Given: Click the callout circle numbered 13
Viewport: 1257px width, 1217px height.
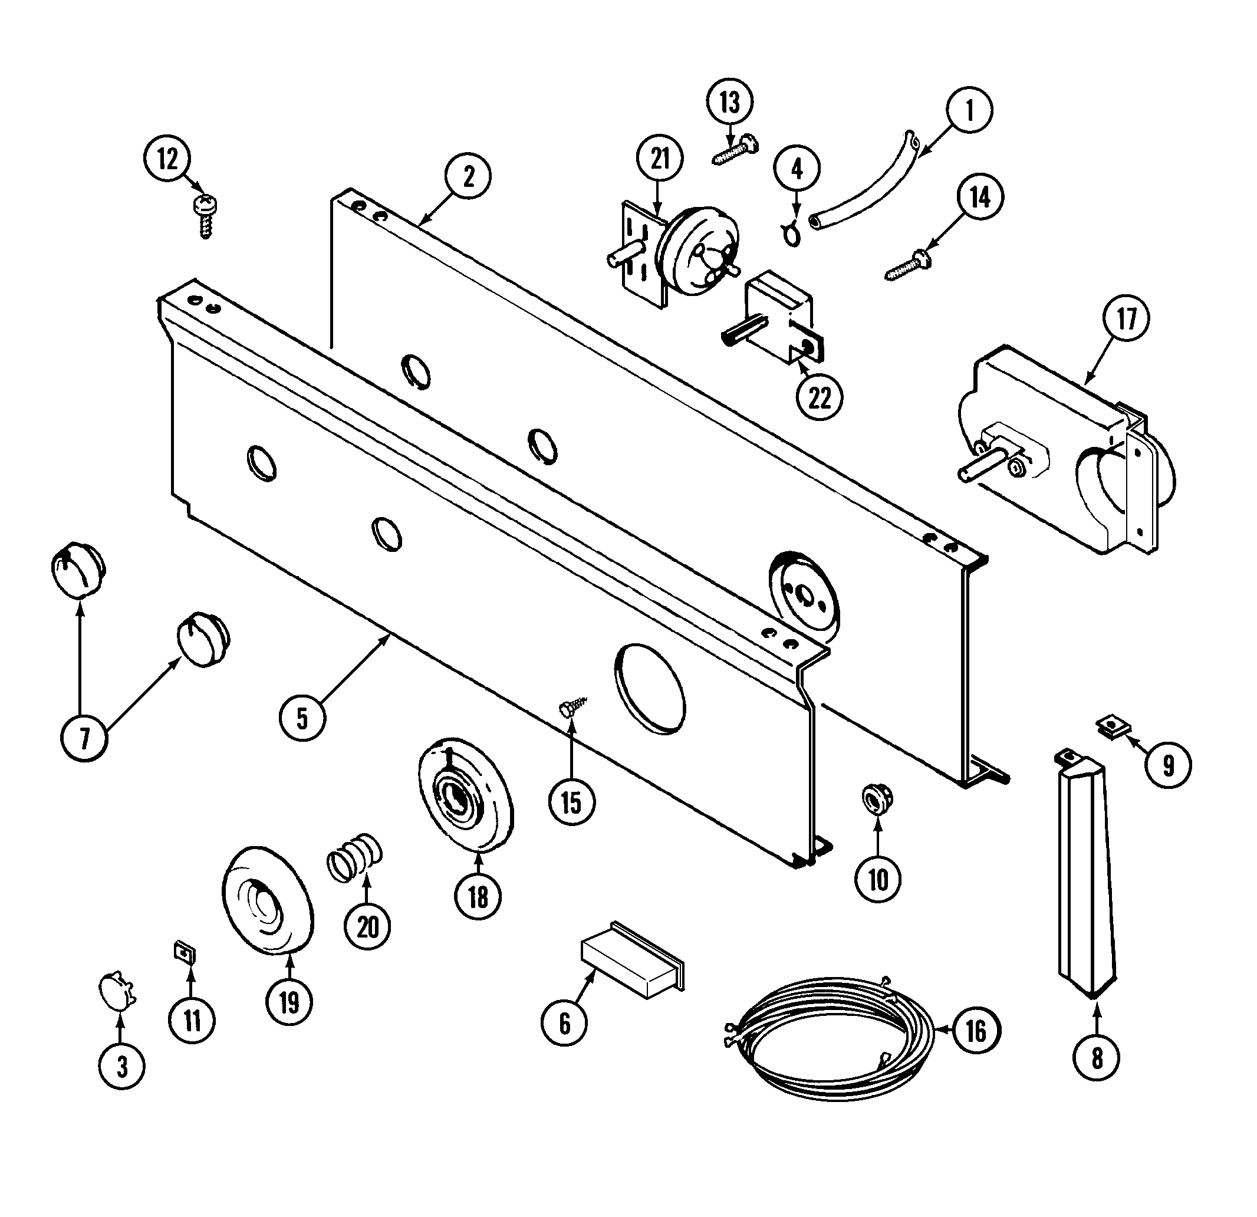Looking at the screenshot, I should [730, 103].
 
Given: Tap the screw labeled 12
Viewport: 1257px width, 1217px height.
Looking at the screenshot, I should [206, 216].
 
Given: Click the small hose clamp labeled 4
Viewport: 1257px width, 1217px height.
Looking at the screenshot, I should [791, 233].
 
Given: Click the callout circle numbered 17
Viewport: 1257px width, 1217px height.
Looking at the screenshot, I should [1126, 319].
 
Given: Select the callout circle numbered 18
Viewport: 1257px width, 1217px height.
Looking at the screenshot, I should [478, 897].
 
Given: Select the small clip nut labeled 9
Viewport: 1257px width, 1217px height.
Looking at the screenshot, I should [1113, 727].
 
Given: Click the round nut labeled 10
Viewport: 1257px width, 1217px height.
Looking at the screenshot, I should [877, 800].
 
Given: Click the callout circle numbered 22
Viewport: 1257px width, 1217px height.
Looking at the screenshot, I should [820, 399].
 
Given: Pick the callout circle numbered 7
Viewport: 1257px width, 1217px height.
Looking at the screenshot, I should [84, 738].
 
